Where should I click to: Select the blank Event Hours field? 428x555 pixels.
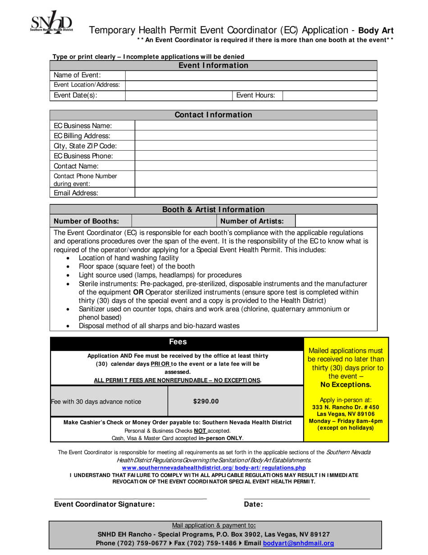tap(329, 95)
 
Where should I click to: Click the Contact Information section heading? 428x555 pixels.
tap(213, 115)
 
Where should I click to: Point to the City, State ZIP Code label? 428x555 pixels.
tap(85, 146)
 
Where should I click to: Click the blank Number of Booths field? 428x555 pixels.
tap(174, 221)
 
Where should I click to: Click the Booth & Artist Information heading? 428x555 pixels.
tap(213, 209)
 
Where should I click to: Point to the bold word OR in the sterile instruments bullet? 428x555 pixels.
tap(139, 292)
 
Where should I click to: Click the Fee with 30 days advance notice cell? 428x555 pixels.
tap(96, 401)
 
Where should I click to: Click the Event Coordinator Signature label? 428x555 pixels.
tap(104, 504)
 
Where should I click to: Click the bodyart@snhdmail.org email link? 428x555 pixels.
tap(298, 543)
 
